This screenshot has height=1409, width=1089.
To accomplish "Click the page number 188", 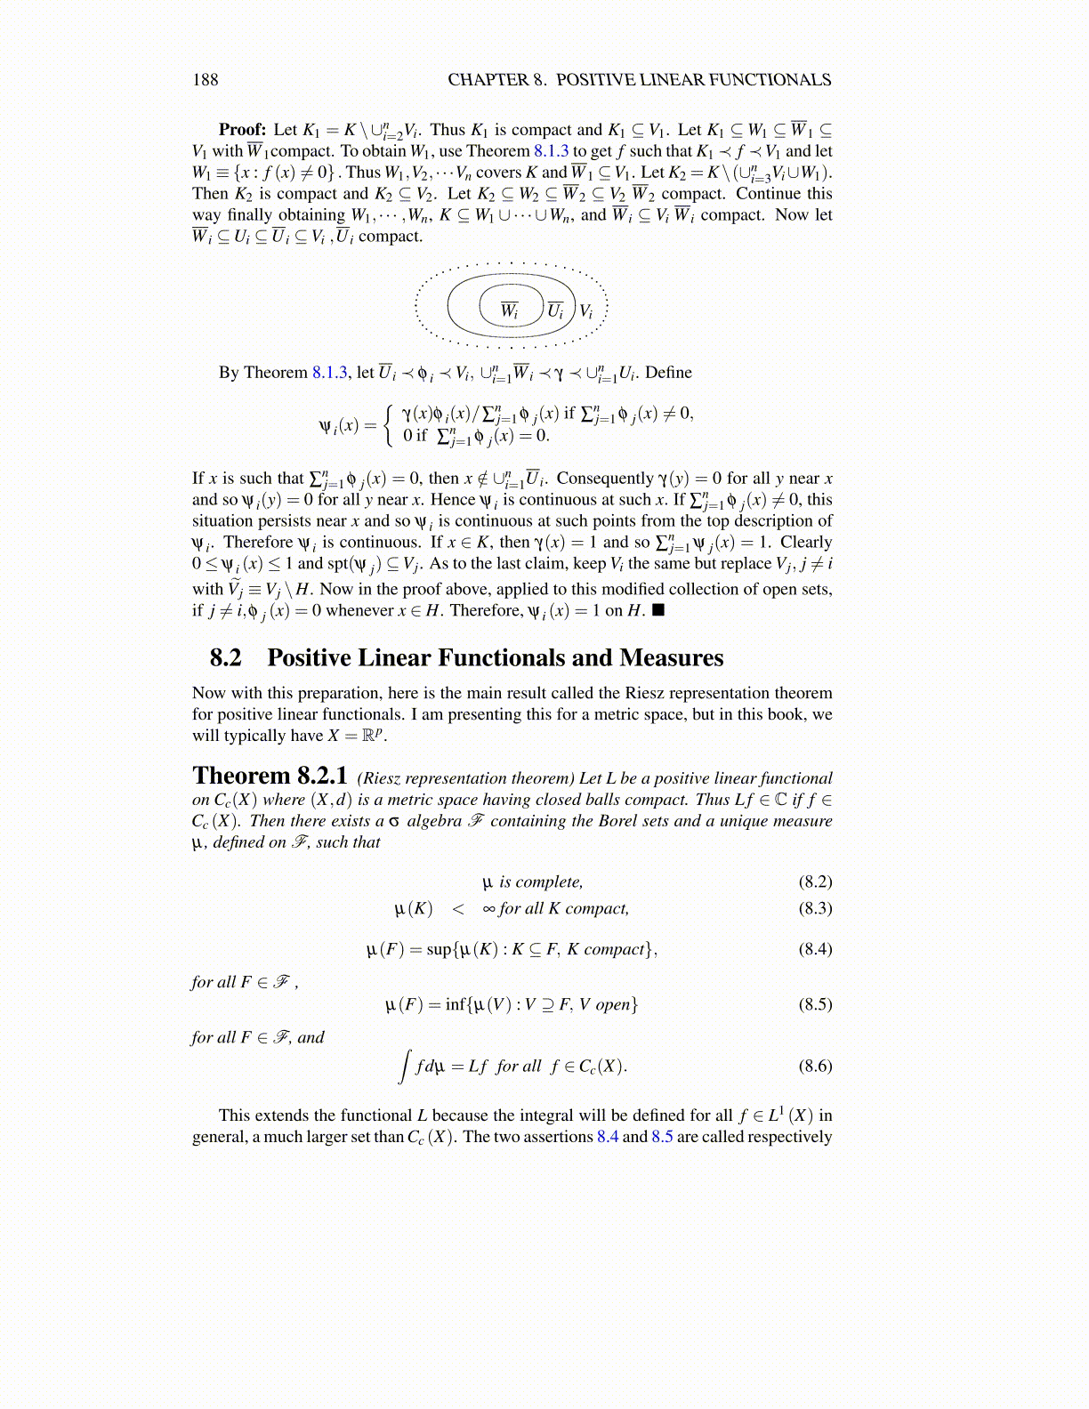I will click(205, 80).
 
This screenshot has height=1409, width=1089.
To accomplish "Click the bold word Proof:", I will click(242, 130).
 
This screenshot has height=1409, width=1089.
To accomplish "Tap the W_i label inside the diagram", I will click(509, 310).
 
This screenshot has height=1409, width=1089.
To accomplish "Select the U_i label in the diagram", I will click(555, 310).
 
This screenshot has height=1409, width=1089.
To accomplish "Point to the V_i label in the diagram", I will click(585, 310).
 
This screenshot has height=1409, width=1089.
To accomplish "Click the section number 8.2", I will click(225, 658).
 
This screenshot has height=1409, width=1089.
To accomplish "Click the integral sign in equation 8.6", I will click(405, 1066).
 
